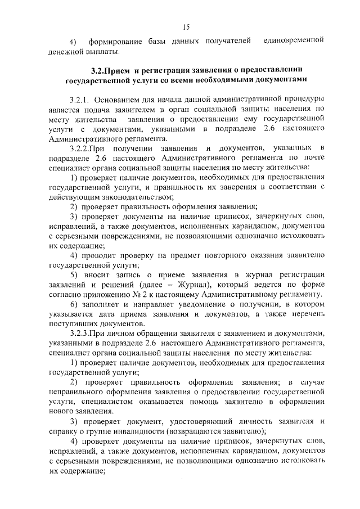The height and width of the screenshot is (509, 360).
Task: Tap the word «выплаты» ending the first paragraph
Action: click(102, 52)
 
